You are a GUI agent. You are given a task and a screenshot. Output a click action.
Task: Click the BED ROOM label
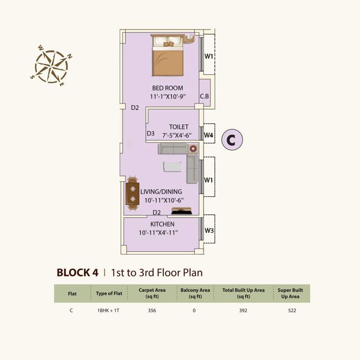(167, 88)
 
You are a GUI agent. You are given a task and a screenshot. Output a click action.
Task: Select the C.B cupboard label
(204, 97)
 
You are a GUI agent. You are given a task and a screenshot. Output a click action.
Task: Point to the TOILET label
(179, 127)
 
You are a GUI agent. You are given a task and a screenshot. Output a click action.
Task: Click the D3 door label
(150, 134)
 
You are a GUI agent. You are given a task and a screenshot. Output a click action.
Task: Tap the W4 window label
(209, 135)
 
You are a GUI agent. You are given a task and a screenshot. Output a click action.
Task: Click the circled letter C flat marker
(232, 140)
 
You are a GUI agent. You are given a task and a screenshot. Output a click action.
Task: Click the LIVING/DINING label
(161, 192)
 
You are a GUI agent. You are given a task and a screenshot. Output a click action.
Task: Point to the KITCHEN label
(163, 225)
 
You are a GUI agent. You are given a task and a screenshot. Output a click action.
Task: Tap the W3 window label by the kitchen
(209, 231)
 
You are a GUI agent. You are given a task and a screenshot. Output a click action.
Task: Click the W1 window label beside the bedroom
(209, 57)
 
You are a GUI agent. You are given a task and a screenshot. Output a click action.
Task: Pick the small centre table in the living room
(172, 167)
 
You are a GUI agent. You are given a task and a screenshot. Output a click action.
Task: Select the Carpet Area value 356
(152, 310)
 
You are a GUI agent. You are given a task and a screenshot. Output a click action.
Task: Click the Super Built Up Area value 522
(291, 310)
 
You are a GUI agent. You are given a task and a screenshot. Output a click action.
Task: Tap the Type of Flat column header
(109, 293)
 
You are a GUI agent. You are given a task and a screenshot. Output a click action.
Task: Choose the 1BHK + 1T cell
(109, 310)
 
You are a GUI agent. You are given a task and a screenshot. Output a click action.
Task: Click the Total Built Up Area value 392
(243, 310)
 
